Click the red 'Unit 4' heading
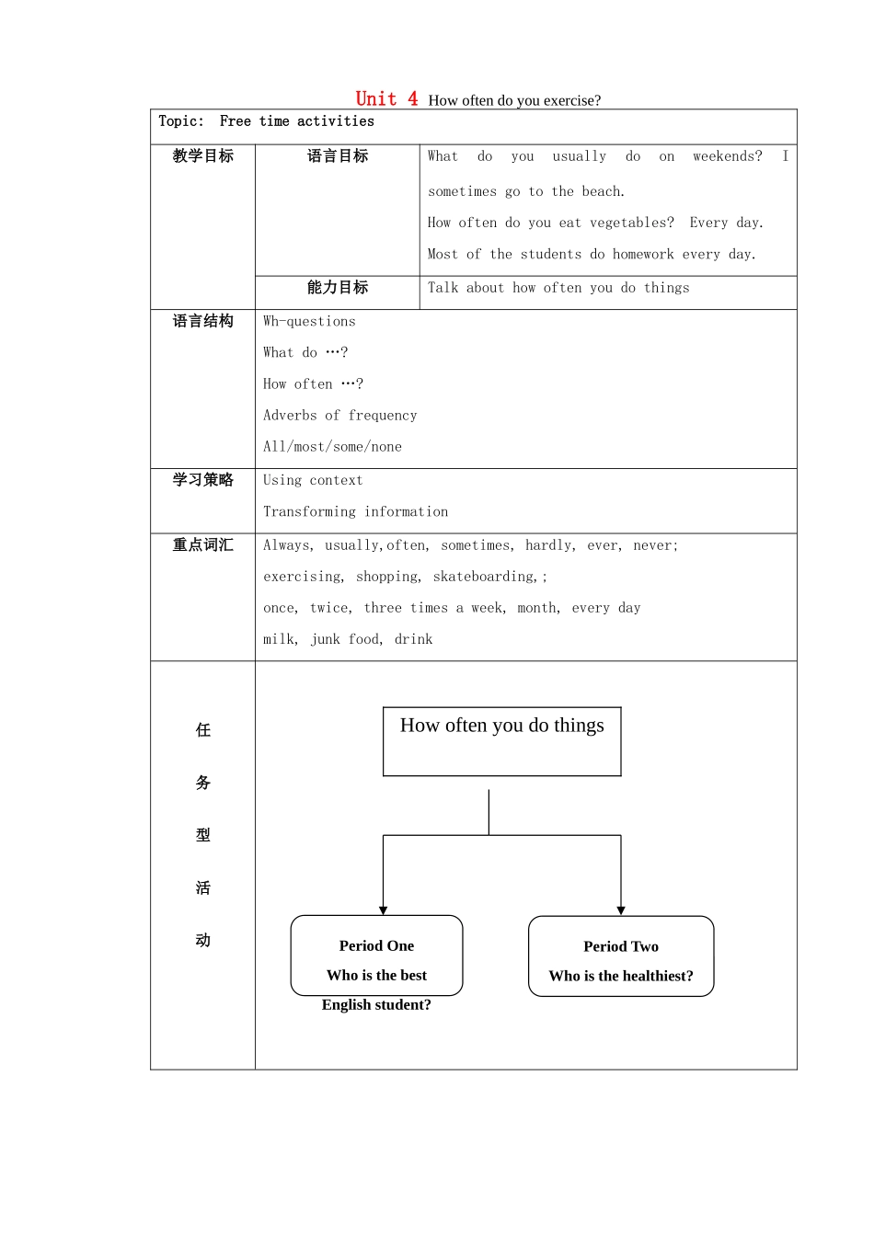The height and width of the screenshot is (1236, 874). tap(386, 98)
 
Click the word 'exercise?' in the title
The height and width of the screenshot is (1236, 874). tap(571, 100)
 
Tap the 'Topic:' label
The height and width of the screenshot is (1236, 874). tap(181, 121)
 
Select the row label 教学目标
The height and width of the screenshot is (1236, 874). tap(202, 156)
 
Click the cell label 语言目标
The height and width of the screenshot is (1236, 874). tap(338, 156)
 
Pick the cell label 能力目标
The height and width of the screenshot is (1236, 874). tap(338, 288)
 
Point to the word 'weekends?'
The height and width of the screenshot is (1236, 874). tap(727, 156)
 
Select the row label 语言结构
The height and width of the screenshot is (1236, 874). tap(202, 321)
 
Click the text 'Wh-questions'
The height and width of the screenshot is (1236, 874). tap(309, 321)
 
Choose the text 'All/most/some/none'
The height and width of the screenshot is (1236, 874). tap(332, 447)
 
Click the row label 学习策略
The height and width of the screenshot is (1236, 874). tap(202, 480)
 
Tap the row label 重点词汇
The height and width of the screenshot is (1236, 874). tap(202, 545)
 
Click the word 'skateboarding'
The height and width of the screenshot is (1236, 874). tap(484, 577)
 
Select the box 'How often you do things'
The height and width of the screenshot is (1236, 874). tap(502, 740)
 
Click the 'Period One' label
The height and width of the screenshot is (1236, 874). tap(376, 945)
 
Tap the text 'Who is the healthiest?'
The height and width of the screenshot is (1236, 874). tap(621, 976)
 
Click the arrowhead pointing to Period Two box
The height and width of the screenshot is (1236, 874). tap(621, 910)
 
